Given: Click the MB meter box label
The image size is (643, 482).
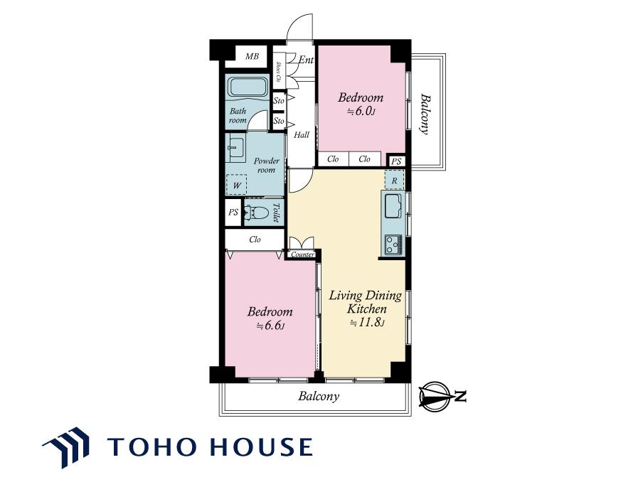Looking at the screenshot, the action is (x=252, y=56).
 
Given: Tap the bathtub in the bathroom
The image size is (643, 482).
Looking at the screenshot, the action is (x=248, y=87).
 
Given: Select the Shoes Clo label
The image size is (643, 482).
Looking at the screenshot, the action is (x=278, y=72).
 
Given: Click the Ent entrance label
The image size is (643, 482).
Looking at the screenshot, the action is (x=306, y=60).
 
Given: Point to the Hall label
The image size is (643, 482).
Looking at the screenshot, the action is (x=302, y=135).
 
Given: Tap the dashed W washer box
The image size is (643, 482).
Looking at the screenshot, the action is (x=237, y=184).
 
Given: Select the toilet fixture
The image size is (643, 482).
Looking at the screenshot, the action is (x=256, y=213).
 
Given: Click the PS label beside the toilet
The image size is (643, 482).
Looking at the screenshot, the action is (x=233, y=213).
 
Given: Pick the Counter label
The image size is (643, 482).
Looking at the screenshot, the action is (x=302, y=255).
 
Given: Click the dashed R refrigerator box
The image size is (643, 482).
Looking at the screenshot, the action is (x=395, y=180).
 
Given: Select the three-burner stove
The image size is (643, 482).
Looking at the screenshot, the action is (x=393, y=245).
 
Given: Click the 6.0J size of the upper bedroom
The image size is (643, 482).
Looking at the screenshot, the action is (x=361, y=111).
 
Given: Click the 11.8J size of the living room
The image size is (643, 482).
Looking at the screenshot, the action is (x=367, y=323).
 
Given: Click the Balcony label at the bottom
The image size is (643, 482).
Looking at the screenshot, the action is (x=319, y=397).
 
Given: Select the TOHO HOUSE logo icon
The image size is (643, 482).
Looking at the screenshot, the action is (x=66, y=447).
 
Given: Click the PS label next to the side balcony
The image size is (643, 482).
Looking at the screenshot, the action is (x=395, y=161).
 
